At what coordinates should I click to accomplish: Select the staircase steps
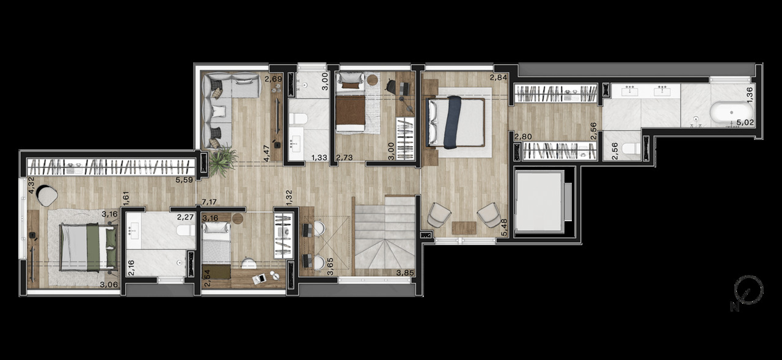click(x=385, y=238)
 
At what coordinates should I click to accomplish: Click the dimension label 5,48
click(x=504, y=227)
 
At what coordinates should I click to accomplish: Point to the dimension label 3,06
click(x=108, y=283)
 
